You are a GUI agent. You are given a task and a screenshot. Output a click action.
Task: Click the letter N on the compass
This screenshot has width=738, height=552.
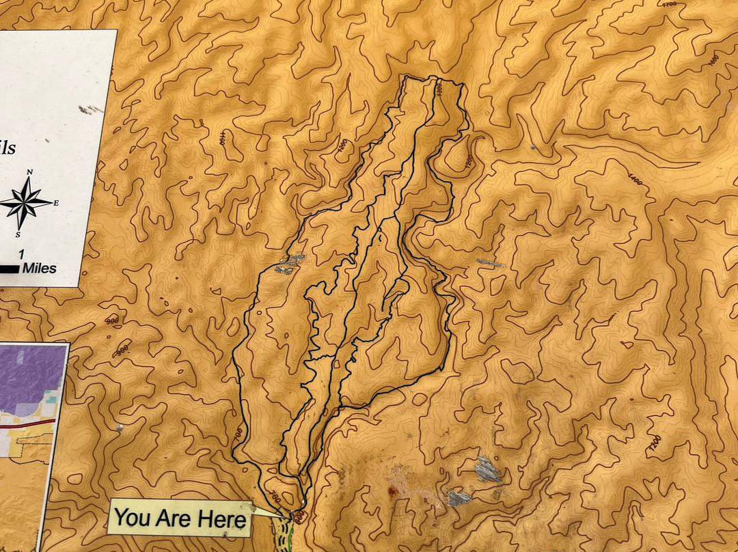29,172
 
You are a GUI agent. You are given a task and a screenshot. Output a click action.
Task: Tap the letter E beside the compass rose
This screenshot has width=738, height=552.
56,203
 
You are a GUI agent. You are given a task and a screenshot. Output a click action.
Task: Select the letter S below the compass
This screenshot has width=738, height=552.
19,234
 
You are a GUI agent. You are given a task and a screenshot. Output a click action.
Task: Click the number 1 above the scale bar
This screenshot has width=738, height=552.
22,254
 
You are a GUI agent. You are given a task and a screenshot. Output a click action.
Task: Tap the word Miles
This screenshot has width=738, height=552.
39,268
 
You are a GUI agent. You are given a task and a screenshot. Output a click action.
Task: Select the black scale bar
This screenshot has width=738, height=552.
9,269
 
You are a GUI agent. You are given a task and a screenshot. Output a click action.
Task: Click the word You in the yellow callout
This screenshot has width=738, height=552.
133,519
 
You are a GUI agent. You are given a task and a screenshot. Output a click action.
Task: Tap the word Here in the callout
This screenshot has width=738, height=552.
222,520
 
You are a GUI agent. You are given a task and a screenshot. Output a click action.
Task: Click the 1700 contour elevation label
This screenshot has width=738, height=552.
670,4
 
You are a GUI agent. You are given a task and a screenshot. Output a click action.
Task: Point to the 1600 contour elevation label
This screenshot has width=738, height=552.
714,60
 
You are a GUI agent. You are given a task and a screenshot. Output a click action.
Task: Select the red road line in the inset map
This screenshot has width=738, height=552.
27,424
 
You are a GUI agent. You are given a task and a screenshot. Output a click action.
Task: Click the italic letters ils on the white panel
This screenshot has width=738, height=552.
7,148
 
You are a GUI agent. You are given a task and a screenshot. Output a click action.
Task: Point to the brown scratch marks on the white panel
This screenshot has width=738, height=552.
88,109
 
